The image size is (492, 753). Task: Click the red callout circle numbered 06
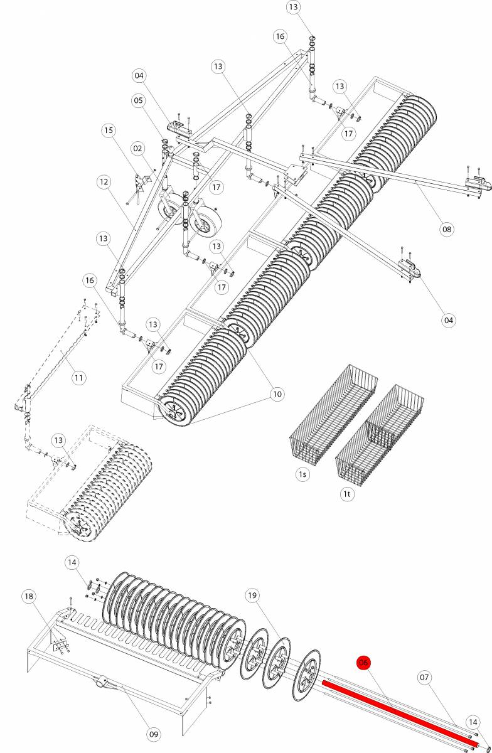coord(363,663)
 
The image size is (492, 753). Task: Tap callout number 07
coord(425,677)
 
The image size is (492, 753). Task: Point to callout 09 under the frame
coord(154,733)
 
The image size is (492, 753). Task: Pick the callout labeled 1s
coord(302,474)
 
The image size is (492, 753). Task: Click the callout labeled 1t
coord(347,494)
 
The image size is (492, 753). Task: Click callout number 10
coord(277,393)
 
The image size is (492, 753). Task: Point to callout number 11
coord(78,378)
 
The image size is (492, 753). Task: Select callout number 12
coord(104,182)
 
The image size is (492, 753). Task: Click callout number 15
coord(109,131)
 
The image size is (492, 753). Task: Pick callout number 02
coord(139,148)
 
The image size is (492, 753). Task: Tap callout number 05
coord(139,100)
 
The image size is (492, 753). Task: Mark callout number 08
coord(446,229)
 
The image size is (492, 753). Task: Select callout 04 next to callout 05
coord(139,76)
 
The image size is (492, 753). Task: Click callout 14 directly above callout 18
coord(72,563)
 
